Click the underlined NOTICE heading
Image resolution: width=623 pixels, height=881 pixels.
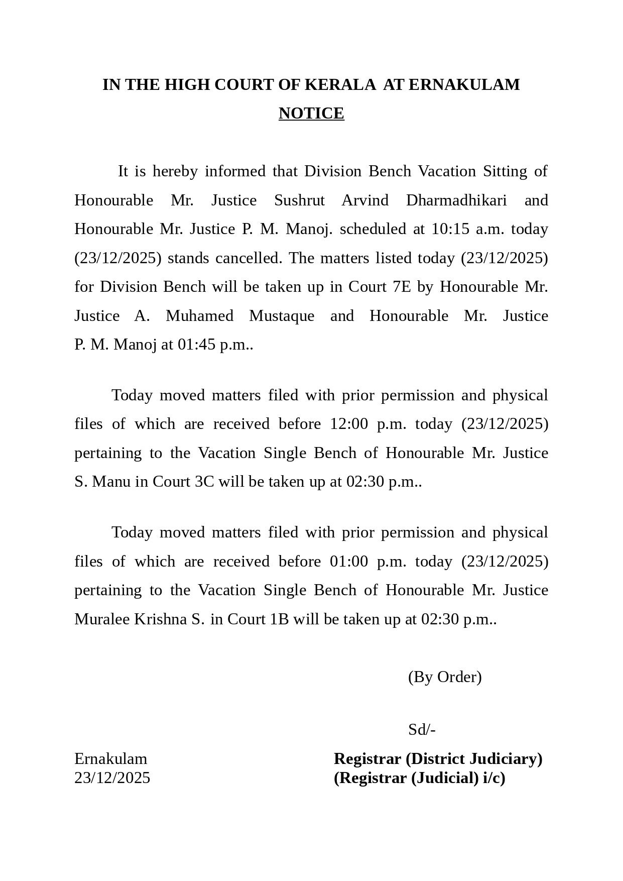[x=311, y=114]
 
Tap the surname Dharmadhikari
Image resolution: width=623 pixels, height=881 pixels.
[x=456, y=200]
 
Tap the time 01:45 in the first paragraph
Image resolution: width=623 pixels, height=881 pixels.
[x=197, y=345]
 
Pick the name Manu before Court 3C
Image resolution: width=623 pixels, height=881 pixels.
[x=111, y=482]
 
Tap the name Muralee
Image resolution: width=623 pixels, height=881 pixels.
[x=102, y=619]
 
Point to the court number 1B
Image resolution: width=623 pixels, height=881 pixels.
[x=279, y=619]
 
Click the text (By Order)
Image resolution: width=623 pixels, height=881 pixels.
[x=445, y=677]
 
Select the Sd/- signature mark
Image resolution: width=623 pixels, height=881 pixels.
[x=422, y=730]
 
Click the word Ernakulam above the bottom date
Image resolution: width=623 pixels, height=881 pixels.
[x=110, y=758]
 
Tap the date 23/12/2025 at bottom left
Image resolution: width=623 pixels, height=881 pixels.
[x=112, y=778]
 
